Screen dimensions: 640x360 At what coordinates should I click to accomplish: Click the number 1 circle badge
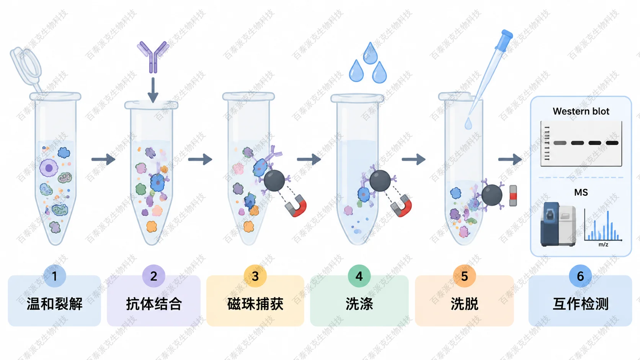pyautogui.click(x=55, y=276)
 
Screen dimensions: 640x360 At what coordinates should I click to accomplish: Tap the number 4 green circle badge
pyautogui.click(x=359, y=276)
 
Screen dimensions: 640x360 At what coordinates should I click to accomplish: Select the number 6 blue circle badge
pyautogui.click(x=580, y=276)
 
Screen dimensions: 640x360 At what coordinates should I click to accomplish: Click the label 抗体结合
pyautogui.click(x=154, y=304)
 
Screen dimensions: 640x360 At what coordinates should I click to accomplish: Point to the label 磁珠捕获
pyautogui.click(x=255, y=304)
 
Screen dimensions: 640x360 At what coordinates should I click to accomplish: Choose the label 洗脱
pyautogui.click(x=465, y=304)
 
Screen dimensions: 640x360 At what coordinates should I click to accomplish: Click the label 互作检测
pyautogui.click(x=580, y=304)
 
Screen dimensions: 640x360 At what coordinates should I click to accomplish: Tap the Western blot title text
pyautogui.click(x=581, y=111)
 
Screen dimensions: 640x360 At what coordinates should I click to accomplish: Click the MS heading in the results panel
pyautogui.click(x=581, y=192)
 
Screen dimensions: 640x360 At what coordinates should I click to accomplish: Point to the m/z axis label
pyautogui.click(x=603, y=245)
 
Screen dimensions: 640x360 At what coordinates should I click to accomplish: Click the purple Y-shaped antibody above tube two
pyautogui.click(x=153, y=57)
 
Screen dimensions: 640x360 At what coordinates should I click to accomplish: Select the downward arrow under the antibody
pyautogui.click(x=153, y=90)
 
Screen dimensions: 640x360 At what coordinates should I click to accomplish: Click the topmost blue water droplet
pyautogui.click(x=370, y=53)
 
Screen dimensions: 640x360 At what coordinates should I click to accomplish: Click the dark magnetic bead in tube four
pyautogui.click(x=380, y=181)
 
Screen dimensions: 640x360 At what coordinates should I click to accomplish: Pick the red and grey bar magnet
pyautogui.click(x=513, y=195)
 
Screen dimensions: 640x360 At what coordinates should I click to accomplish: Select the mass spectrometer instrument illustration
pyautogui.click(x=558, y=224)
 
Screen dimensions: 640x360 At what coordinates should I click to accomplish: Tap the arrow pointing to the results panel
pyautogui.click(x=510, y=159)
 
